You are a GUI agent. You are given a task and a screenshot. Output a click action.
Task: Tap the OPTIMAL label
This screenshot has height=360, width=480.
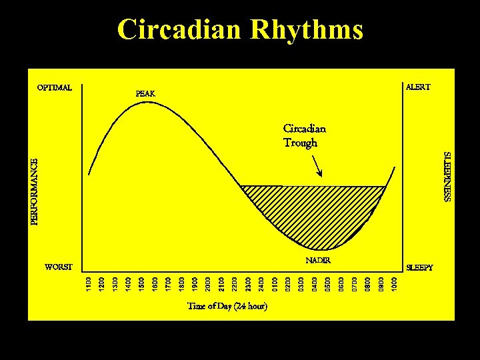tap(55, 87)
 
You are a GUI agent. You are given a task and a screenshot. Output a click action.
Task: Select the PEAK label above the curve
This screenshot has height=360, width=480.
tap(145, 93)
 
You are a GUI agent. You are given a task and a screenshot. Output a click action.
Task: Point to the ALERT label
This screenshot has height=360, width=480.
tap(418, 87)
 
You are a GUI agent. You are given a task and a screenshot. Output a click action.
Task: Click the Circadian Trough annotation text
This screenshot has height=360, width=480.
tap(304, 135)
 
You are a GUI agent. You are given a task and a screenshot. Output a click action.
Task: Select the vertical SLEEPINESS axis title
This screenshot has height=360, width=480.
tap(448, 176)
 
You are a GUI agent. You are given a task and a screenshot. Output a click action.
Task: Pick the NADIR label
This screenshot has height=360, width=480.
tap(318, 260)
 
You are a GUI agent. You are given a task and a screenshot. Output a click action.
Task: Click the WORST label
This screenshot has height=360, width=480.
tap(58, 267)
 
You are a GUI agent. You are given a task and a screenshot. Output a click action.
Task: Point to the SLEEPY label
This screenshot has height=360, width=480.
tap(419, 267)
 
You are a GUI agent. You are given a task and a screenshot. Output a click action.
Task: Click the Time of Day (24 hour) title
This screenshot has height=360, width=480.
tap(227, 307)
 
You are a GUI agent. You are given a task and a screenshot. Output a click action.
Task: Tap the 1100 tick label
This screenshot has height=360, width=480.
tap(88, 283)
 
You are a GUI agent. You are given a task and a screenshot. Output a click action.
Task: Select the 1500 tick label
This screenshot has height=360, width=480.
tap(141, 283)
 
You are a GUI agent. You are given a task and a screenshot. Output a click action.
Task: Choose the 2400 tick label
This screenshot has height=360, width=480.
tap(261, 283)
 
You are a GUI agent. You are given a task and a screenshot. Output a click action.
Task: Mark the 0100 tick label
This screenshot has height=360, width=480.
tap(274, 283)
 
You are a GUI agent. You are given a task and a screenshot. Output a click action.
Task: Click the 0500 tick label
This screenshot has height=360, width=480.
tap(327, 283)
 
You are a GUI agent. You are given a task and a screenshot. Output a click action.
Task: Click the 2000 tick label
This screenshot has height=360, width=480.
tap(207, 283)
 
